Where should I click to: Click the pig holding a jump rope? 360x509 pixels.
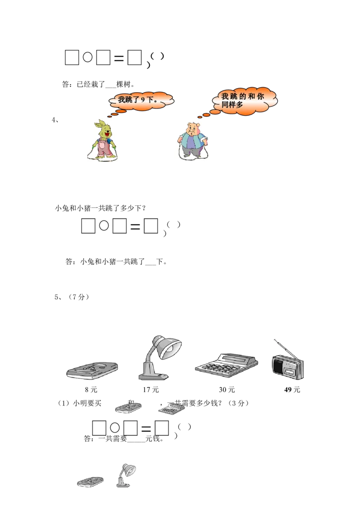[193, 141]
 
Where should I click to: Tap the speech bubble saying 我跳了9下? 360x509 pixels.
[140, 101]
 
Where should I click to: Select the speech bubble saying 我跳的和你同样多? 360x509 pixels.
[243, 101]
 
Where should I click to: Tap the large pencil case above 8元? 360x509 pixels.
[92, 371]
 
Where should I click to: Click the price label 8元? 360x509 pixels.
[91, 389]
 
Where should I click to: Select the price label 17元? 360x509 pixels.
[151, 389]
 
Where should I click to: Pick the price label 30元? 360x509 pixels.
[227, 389]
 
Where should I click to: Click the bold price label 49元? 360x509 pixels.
[292, 389]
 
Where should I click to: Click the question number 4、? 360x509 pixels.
[55, 120]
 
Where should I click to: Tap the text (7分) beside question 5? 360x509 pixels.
[78, 297]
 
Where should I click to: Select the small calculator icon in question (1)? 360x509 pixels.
[171, 409]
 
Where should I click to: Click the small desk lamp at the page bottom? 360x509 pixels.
[126, 475]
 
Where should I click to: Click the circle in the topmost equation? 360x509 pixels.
[87, 58]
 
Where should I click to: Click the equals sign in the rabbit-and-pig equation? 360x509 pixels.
[135, 226]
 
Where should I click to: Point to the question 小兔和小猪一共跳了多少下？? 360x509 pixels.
[100, 208]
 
